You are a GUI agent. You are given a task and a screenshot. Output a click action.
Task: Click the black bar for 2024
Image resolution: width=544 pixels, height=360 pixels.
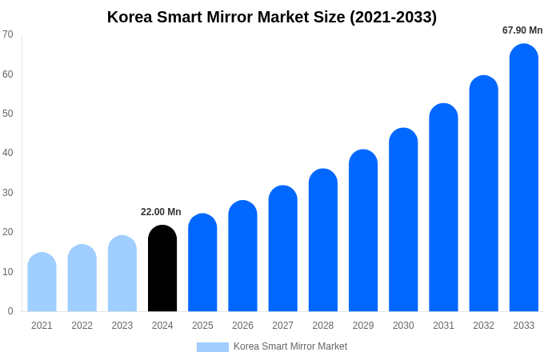coord(162,269)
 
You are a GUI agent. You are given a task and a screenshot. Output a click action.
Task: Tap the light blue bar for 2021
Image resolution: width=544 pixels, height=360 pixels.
coord(42,282)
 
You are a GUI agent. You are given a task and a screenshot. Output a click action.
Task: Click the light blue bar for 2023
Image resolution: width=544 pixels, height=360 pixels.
coord(122,274)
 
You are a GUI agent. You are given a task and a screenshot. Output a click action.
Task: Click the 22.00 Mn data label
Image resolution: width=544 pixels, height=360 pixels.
coord(161,212)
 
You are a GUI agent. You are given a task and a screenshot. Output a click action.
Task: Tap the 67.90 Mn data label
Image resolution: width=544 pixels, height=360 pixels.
coord(522,30)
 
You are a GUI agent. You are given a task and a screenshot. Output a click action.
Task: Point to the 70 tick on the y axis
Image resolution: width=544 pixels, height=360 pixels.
coord(8,34)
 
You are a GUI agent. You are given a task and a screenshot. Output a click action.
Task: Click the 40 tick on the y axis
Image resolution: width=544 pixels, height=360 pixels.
coord(8,153)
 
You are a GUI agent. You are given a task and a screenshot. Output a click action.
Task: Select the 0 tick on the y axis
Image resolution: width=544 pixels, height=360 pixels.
coord(10,311)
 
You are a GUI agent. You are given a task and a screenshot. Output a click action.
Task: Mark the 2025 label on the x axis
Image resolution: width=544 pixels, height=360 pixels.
coord(202,326)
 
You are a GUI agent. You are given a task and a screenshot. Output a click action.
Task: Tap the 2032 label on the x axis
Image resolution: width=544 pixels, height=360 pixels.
coord(483,326)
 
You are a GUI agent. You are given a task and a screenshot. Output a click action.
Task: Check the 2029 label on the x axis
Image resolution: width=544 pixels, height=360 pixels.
coord(363,326)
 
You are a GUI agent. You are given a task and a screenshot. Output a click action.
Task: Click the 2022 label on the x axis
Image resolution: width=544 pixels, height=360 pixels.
coord(82,326)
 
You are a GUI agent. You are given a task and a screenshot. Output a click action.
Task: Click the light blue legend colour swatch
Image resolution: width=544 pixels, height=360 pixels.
coord(212,347)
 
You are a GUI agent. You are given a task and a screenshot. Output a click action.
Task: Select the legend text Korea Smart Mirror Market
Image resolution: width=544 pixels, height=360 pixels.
coord(290,346)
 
